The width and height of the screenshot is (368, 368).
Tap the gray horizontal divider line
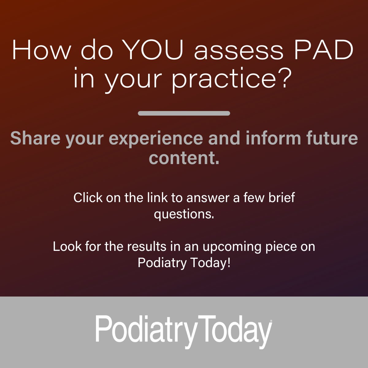[184, 113]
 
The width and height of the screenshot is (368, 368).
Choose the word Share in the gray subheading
[35, 138]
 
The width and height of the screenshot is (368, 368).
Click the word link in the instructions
[157, 197]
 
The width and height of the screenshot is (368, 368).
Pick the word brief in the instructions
[282, 197]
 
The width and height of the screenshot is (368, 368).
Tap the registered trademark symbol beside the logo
[271, 321]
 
